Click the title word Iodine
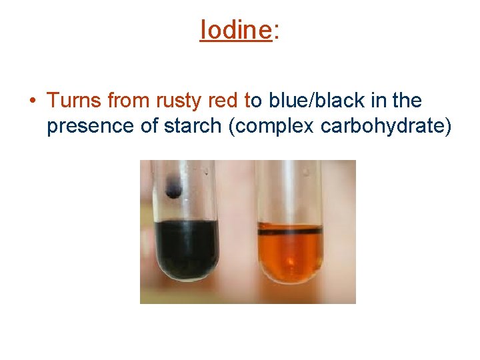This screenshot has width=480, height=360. pos(235,29)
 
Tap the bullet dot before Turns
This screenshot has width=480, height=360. pos(32,101)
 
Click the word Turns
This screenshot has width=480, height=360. pos(74,101)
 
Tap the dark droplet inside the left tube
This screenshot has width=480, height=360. pos(173,189)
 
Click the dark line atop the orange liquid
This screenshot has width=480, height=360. pos(290,231)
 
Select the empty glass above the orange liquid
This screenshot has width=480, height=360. pos(290,193)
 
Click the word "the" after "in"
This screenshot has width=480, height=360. pos(407,101)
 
